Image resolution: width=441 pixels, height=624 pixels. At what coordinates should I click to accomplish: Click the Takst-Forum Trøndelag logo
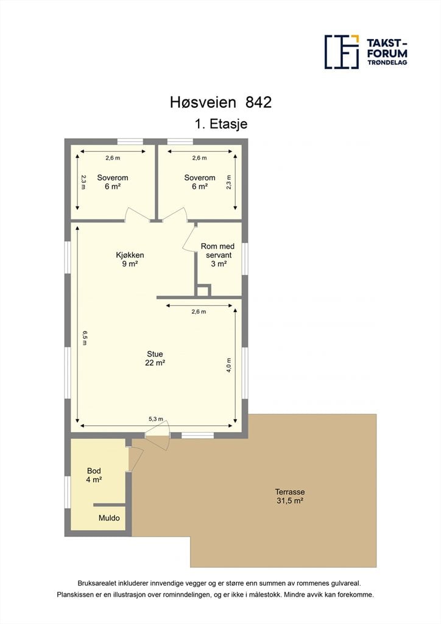[366, 52]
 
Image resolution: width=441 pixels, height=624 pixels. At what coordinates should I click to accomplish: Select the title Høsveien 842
[220, 102]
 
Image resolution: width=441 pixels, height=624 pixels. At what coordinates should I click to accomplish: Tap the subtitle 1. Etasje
[221, 124]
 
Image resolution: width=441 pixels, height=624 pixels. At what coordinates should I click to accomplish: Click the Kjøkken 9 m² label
[130, 259]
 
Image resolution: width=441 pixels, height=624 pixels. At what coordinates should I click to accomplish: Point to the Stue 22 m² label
[155, 358]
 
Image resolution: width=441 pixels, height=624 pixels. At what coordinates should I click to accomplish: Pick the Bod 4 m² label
[94, 475]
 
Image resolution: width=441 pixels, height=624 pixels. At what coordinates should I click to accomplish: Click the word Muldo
[109, 518]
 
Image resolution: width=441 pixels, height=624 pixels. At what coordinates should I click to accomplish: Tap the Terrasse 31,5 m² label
[290, 496]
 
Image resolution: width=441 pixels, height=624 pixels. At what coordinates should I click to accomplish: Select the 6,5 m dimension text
[84, 338]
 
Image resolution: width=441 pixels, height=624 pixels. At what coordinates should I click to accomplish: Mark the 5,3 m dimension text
[156, 419]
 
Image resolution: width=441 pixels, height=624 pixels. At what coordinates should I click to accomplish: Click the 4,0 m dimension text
[228, 366]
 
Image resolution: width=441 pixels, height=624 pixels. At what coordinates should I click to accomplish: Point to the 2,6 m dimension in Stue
[199, 311]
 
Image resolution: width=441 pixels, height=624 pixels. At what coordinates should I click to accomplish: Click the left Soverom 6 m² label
[113, 182]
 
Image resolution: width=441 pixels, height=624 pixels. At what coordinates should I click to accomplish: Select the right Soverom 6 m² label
[200, 182]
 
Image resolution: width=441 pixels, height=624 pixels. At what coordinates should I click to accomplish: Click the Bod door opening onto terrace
[135, 459]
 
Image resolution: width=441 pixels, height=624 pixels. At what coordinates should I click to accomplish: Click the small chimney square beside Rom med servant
[203, 290]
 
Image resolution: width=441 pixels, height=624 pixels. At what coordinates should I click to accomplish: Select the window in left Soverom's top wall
[130, 141]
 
